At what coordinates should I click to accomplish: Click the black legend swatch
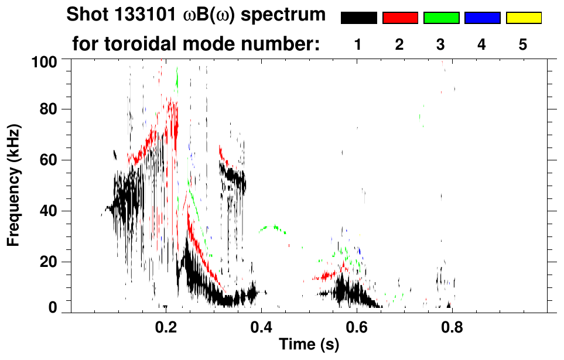click(358, 18)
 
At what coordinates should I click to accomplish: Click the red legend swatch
click(400, 18)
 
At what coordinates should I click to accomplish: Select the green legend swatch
click(441, 18)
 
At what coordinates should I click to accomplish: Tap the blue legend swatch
click(482, 18)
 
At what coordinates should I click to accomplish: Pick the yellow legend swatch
click(523, 18)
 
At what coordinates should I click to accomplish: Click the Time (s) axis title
click(308, 345)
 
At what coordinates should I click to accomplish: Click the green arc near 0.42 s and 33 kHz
click(270, 227)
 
